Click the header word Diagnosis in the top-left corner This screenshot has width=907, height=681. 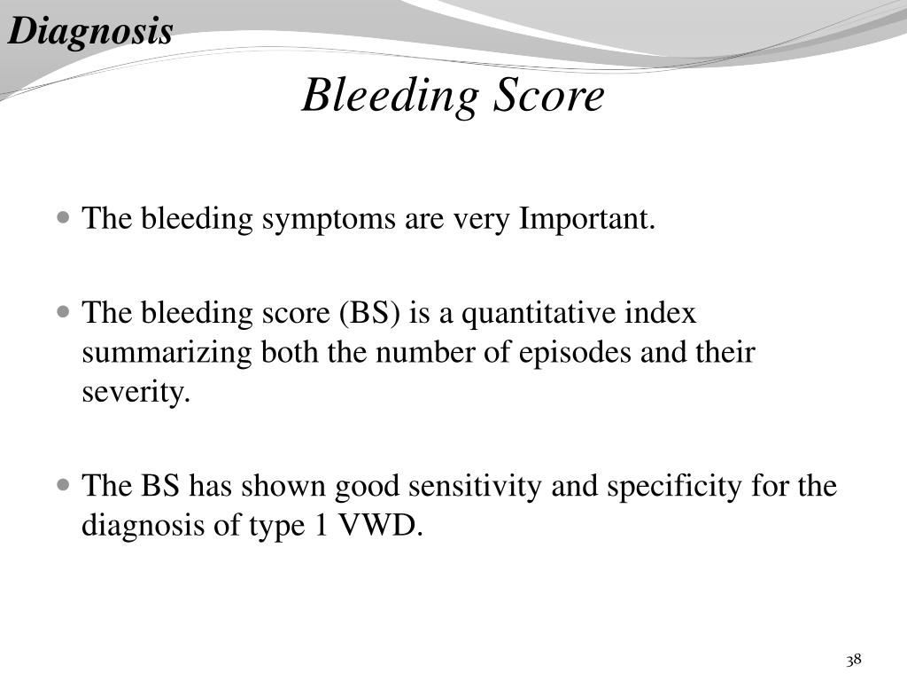coord(90,33)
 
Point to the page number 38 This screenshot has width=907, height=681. coord(854,660)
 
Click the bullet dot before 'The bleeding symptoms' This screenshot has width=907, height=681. coord(63,217)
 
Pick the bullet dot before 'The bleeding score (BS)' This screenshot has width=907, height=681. coord(63,313)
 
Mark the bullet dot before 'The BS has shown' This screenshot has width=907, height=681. coord(63,486)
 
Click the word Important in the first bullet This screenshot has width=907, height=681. coord(586,218)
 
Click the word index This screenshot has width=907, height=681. coord(662,313)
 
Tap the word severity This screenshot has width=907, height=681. coord(136,392)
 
